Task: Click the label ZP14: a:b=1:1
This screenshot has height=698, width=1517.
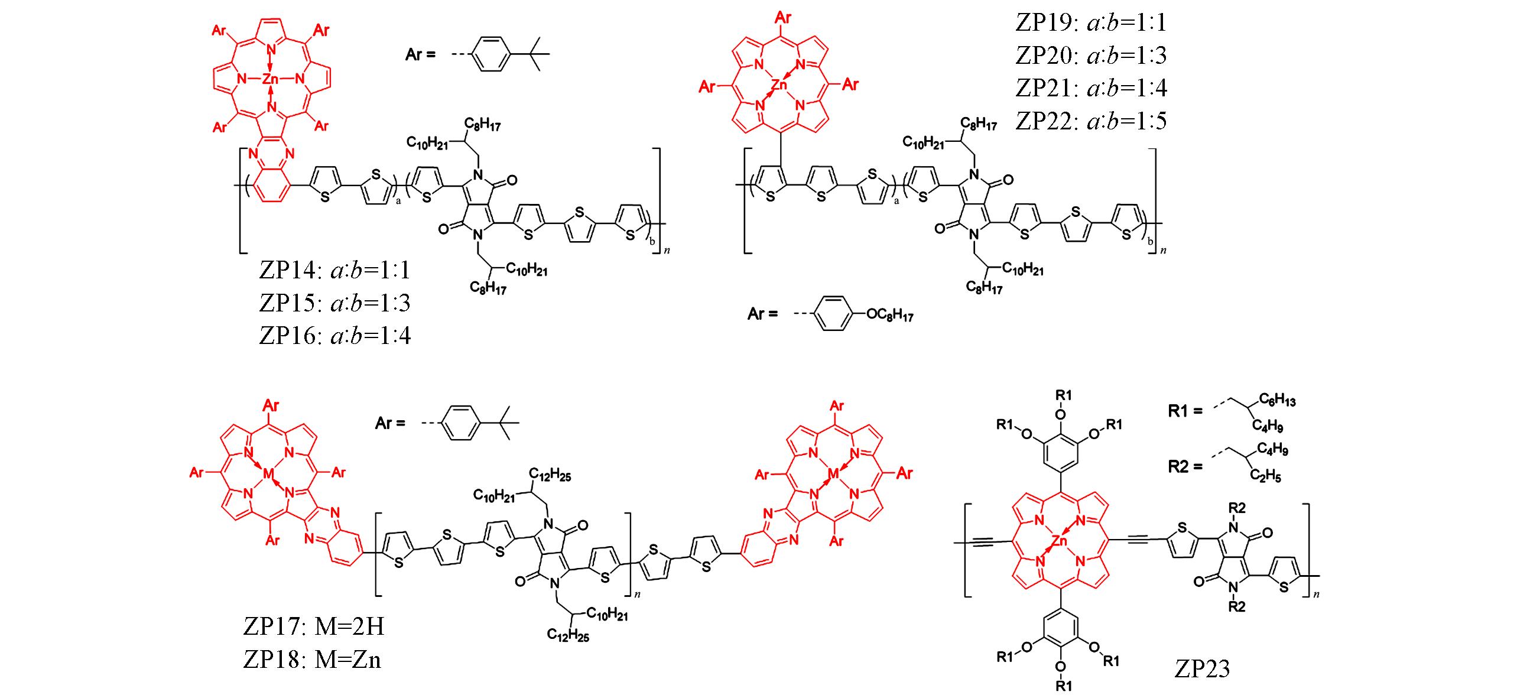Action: (334, 271)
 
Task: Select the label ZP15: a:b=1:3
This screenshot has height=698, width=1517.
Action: (334, 303)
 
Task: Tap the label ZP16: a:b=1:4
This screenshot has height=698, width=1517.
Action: (334, 336)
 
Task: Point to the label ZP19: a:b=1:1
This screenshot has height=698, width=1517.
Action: (1092, 23)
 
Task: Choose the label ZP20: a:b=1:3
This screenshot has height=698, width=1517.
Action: (1092, 56)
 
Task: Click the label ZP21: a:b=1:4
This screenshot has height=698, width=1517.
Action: (1092, 88)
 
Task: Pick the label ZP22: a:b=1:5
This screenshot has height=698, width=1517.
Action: (1092, 121)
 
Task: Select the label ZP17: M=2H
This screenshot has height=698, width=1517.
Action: (313, 626)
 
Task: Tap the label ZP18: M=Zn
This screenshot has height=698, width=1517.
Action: (312, 659)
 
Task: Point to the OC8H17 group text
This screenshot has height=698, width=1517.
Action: (889, 316)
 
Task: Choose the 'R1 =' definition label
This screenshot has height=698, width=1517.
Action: (1185, 411)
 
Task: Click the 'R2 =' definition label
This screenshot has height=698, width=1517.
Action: (1185, 467)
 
